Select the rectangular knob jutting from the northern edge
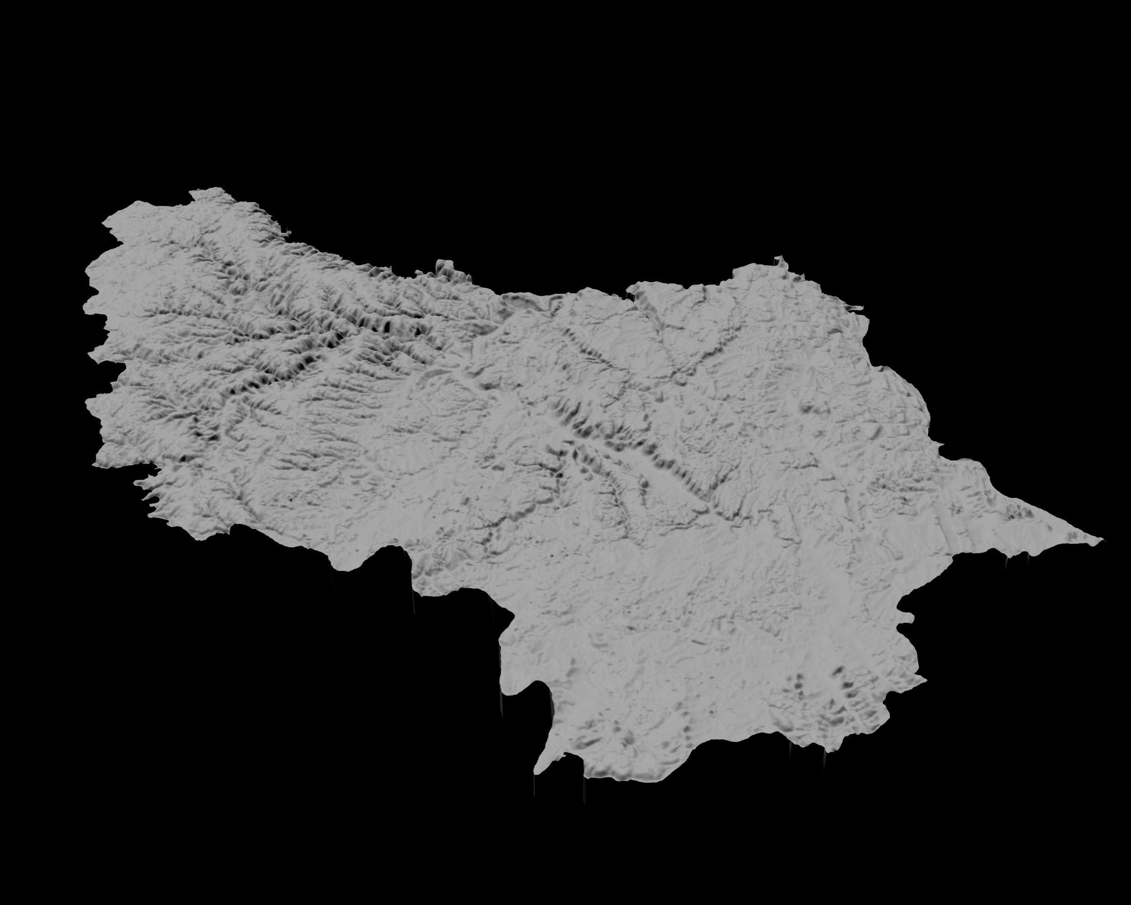coord(445,265)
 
